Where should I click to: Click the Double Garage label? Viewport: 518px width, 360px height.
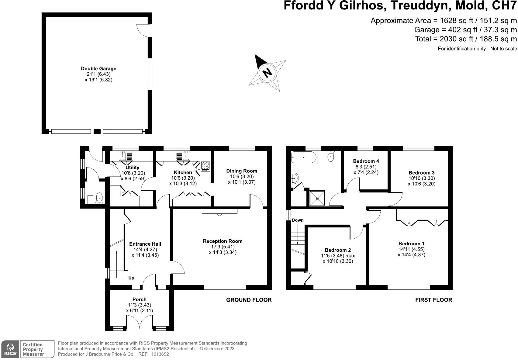[98, 69]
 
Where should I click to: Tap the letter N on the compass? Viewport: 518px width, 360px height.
[267, 73]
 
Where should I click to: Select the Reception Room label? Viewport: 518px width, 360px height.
[223, 241]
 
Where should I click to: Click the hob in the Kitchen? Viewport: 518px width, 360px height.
[205, 166]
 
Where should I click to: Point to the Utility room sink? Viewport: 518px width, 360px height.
[126, 156]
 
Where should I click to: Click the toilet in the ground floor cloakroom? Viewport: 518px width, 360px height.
[100, 198]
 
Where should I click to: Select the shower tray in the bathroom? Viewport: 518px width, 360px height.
[317, 198]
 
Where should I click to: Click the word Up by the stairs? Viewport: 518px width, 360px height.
[131, 278]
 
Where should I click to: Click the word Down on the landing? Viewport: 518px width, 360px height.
[298, 220]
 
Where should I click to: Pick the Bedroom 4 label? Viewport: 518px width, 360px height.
[366, 161]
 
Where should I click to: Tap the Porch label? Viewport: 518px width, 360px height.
[139, 299]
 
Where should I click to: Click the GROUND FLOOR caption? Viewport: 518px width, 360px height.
[249, 300]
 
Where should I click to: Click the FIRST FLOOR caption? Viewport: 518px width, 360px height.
[433, 300]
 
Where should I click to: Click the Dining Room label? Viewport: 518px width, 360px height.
[242, 171]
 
